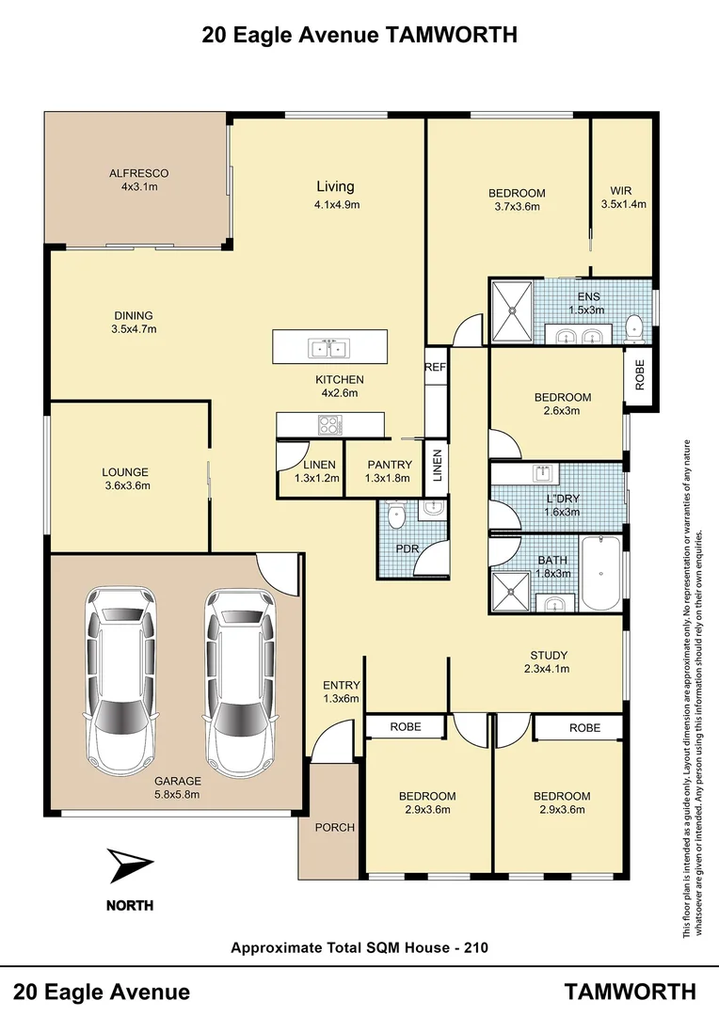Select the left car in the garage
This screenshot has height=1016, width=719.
pyautogui.click(x=120, y=676)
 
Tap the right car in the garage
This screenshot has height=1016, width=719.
pyautogui.click(x=240, y=676)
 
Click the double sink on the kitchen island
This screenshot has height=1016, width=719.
pyautogui.click(x=329, y=348)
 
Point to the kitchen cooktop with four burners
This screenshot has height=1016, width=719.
pyautogui.click(x=329, y=425)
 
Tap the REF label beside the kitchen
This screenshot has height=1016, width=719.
pyautogui.click(x=435, y=367)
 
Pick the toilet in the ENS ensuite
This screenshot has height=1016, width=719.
pyautogui.click(x=634, y=327)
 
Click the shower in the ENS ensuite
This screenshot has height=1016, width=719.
pyautogui.click(x=512, y=312)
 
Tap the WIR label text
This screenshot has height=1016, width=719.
pyautogui.click(x=621, y=188)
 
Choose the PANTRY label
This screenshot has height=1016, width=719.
pyautogui.click(x=390, y=465)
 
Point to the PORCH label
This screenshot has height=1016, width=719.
pyautogui.click(x=334, y=828)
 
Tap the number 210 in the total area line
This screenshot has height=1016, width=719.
pyautogui.click(x=475, y=947)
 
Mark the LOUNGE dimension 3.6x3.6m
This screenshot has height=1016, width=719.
pyautogui.click(x=126, y=486)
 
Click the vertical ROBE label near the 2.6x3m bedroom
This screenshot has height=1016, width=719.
pyautogui.click(x=641, y=375)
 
